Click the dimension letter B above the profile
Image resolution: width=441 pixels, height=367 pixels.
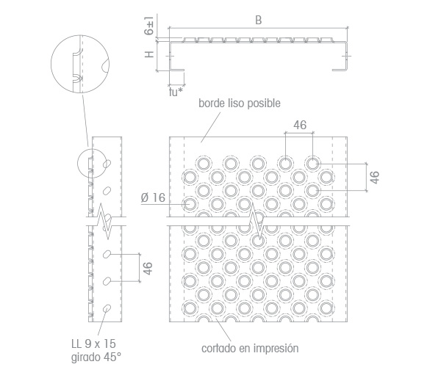coord(258,21)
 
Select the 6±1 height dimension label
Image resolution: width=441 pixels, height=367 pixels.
coord(149,26)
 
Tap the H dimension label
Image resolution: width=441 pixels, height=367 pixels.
coord(149,54)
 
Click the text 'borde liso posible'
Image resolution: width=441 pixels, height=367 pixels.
coord(240,103)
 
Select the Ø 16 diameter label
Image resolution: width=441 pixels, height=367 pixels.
coord(153,197)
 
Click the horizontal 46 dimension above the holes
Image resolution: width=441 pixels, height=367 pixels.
coord(300,125)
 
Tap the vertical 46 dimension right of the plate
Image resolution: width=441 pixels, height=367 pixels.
coord(375,177)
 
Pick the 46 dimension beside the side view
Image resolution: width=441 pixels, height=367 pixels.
coord(148,268)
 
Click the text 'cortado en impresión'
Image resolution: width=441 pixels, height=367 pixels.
coord(250,348)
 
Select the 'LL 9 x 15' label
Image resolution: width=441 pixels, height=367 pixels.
coord(93,344)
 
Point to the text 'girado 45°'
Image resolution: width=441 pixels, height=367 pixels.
coord(96,357)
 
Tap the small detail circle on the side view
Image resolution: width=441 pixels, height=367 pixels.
coord(77,164)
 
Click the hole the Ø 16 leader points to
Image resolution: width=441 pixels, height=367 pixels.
coord(190,204)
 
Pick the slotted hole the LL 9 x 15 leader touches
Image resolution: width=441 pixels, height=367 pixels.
coord(107,309)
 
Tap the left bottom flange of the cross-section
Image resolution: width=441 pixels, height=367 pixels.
coord(177,70)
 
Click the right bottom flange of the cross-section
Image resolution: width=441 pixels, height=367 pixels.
coord(340,70)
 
